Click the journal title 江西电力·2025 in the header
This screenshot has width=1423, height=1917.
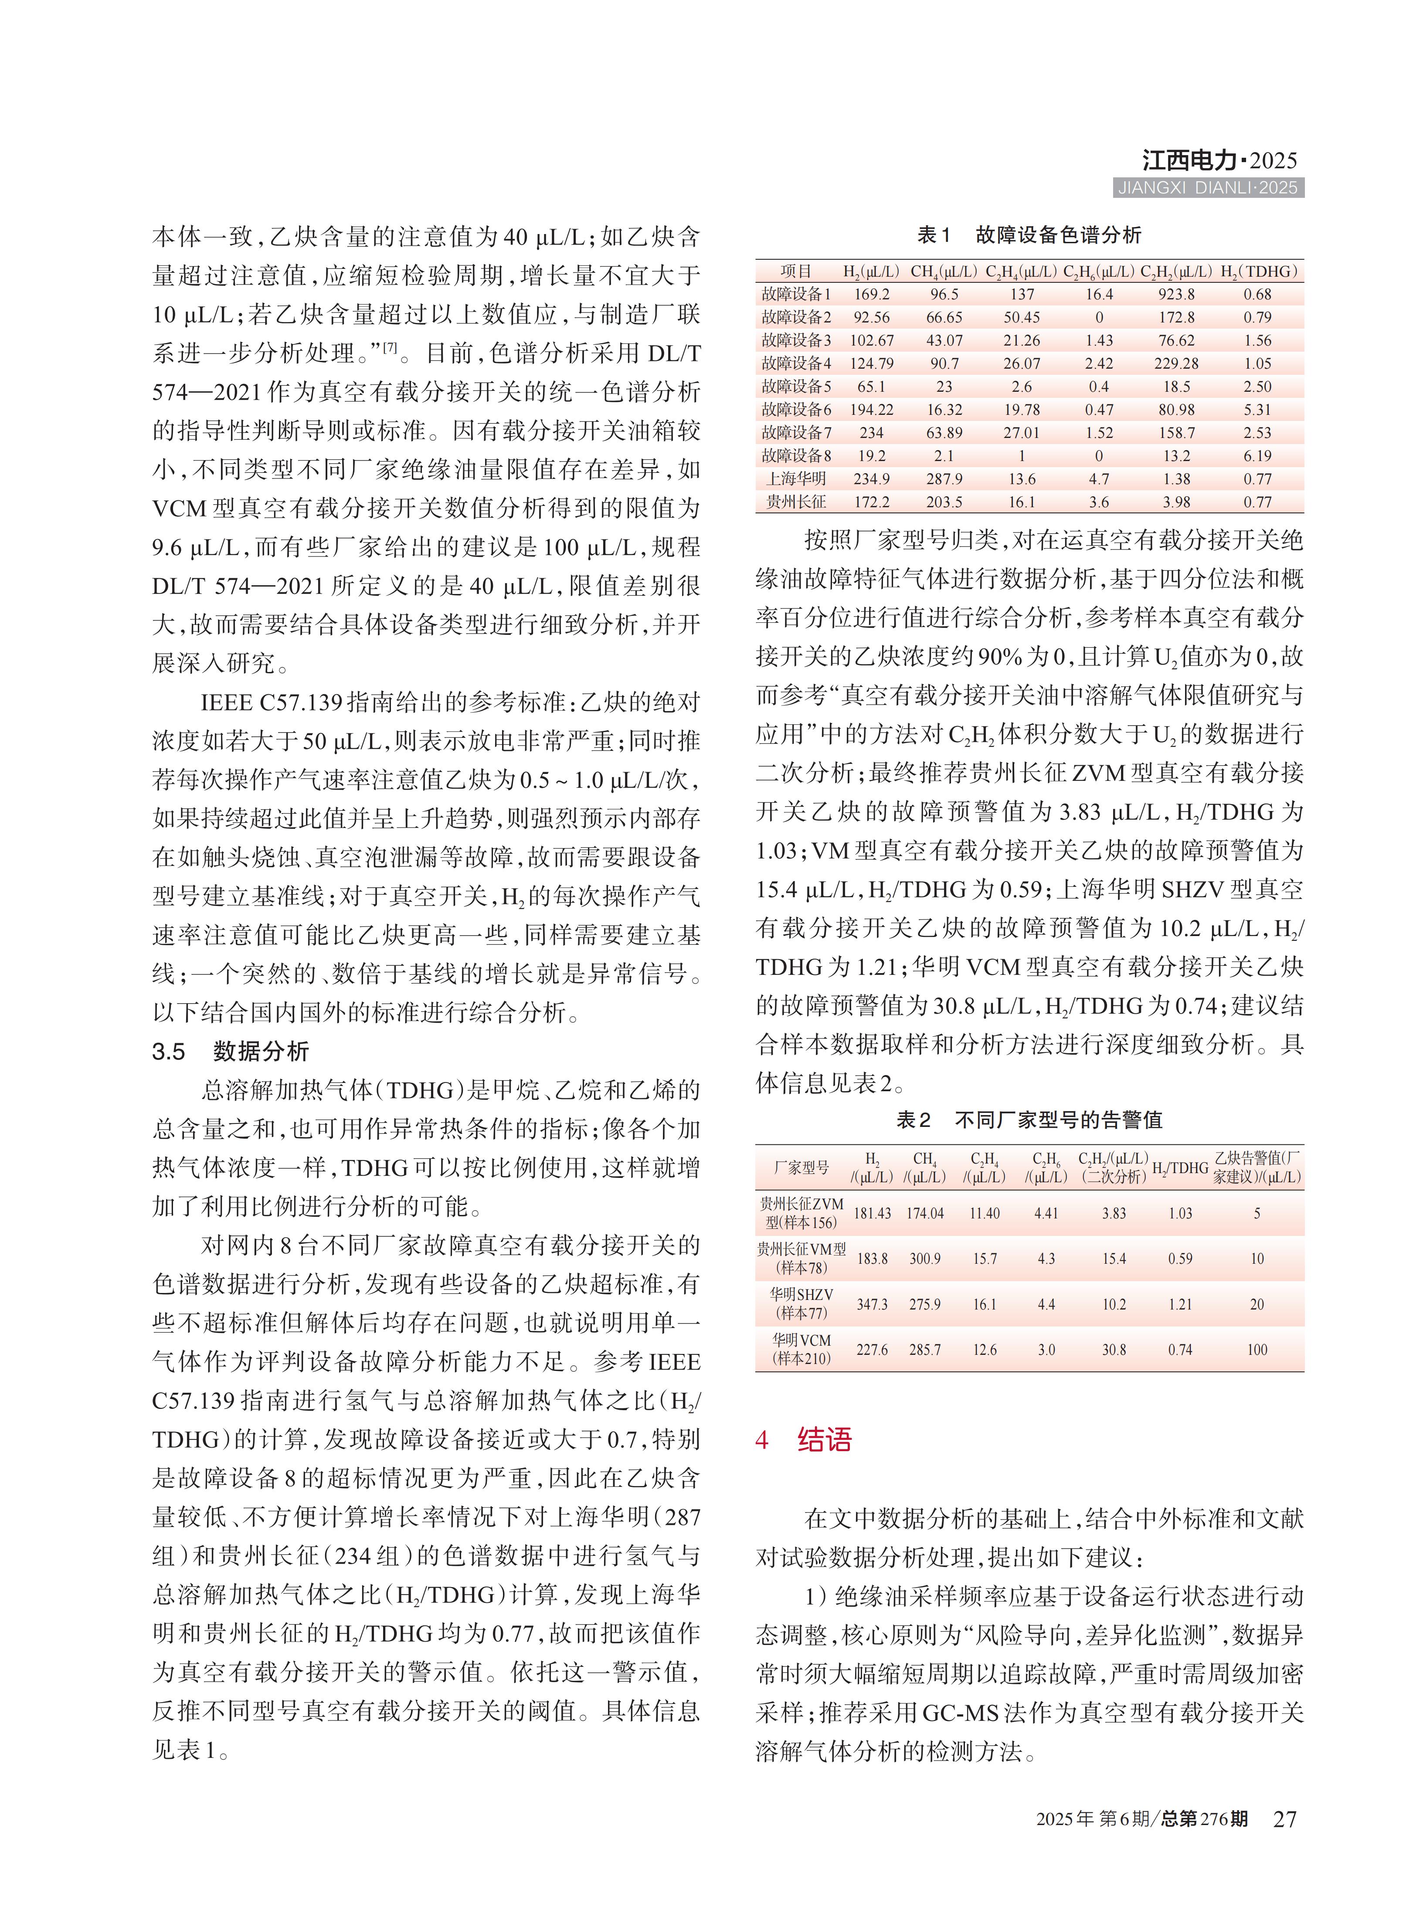pos(1219,160)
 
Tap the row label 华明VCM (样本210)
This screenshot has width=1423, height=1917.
pos(801,1350)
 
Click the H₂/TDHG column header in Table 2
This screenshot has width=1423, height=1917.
pos(1180,1168)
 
